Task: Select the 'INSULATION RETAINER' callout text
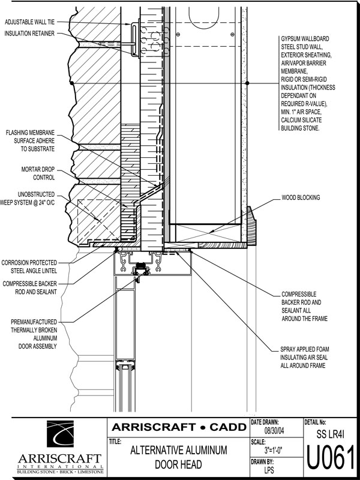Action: pyautogui.click(x=29, y=34)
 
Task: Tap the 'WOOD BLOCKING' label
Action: pyautogui.click(x=301, y=198)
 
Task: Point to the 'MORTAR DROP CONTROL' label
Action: pyautogui.click(x=38, y=173)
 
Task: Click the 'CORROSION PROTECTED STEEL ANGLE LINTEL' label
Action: pyautogui.click(x=29, y=266)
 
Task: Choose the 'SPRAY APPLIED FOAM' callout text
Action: pyautogui.click(x=305, y=349)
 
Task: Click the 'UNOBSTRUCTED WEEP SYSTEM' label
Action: pyautogui.click(x=28, y=199)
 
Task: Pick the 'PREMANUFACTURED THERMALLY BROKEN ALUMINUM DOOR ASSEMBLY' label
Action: pyautogui.click(x=34, y=334)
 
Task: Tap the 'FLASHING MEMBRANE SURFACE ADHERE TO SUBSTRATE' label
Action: pyautogui.click(x=30, y=141)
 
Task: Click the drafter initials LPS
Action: pyautogui.click(x=269, y=470)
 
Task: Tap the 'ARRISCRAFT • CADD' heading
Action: pyautogui.click(x=179, y=427)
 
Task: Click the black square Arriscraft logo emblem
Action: pyautogui.click(x=60, y=434)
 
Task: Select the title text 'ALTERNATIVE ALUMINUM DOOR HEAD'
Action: pyautogui.click(x=179, y=457)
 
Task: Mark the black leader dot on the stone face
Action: pyautogui.click(x=71, y=83)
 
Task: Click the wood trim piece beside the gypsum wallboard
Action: pyautogui.click(x=251, y=226)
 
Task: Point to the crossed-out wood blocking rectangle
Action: pyautogui.click(x=205, y=233)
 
